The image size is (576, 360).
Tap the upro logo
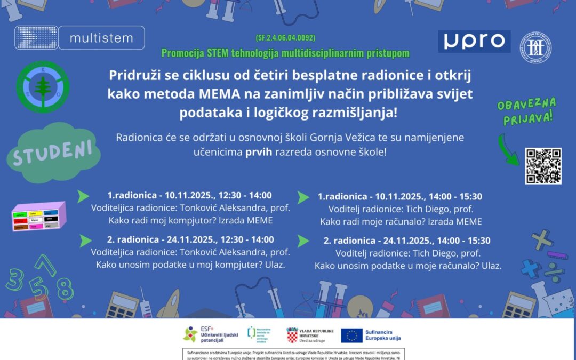(x=474, y=41)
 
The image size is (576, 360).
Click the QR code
(x=543, y=166)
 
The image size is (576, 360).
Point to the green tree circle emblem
(x=43, y=87)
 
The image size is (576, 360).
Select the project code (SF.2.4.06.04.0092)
(x=285, y=38)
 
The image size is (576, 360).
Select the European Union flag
(x=351, y=335)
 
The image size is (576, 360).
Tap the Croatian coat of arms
(x=292, y=335)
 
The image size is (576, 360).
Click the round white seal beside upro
(x=537, y=46)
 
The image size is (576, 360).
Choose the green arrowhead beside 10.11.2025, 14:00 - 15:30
(x=303, y=197)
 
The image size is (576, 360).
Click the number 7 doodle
(x=45, y=265)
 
